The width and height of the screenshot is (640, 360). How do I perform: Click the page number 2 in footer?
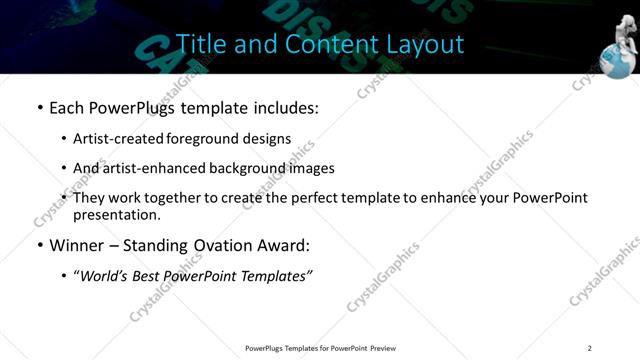tap(589, 348)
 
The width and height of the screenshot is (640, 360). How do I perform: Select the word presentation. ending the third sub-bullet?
tap(117, 214)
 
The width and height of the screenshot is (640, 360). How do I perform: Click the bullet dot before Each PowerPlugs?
tap(40, 106)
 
